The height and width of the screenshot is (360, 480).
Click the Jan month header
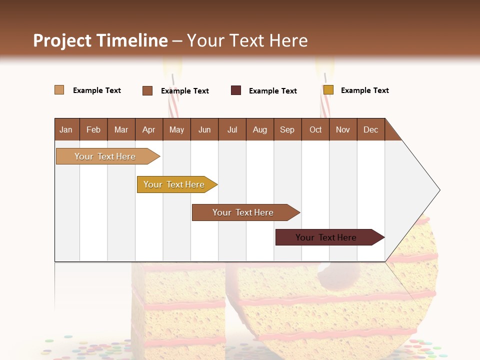pyautogui.click(x=66, y=129)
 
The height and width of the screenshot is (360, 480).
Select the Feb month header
pyautogui.click(x=93, y=129)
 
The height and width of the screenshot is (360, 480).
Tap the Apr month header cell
pyautogui.click(x=149, y=129)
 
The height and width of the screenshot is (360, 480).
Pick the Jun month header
pyautogui.click(x=204, y=129)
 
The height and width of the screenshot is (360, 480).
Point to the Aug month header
pyautogui.click(x=260, y=129)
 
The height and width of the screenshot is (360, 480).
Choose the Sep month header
pyautogui.click(x=287, y=129)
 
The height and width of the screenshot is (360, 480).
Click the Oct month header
pyautogui.click(x=315, y=129)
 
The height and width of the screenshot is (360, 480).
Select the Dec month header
pyautogui.click(x=371, y=129)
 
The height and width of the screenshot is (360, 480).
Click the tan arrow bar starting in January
pyautogui.click(x=105, y=156)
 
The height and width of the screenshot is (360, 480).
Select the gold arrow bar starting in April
pyautogui.click(x=174, y=184)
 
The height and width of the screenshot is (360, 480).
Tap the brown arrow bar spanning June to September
pyautogui.click(x=243, y=212)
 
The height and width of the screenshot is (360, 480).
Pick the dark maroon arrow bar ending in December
pyautogui.click(x=326, y=237)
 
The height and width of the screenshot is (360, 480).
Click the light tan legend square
pyautogui.click(x=59, y=90)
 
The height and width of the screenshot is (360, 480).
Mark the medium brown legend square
pyautogui.click(x=147, y=90)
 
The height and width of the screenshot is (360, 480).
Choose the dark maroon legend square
pyautogui.click(x=236, y=90)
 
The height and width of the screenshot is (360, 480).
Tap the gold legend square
pyautogui.click(x=328, y=90)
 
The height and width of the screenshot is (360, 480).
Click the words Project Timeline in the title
pyautogui.click(x=100, y=40)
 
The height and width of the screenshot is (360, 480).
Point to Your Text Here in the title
pyautogui.click(x=247, y=40)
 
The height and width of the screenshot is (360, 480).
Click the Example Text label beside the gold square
pyautogui.click(x=364, y=90)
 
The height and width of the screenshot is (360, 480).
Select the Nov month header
pyautogui.click(x=343, y=129)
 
